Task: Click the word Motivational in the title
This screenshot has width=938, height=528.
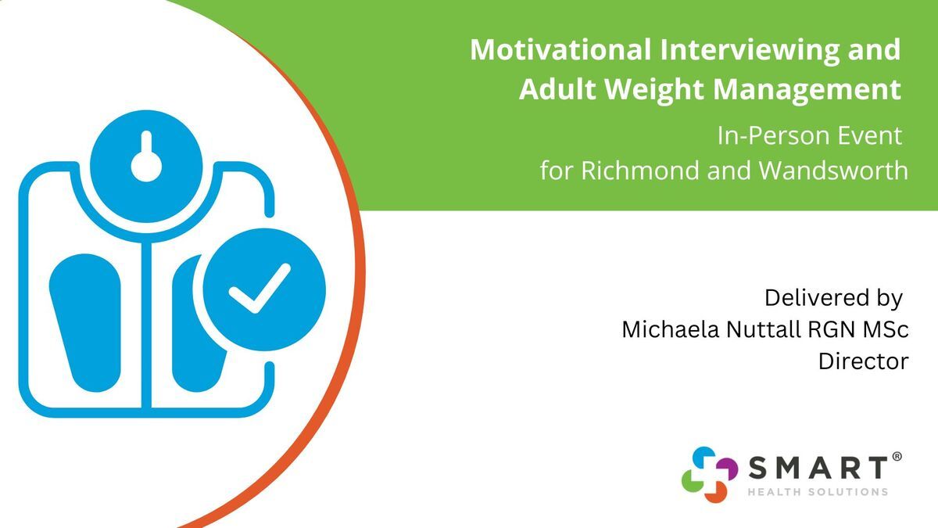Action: (x=560, y=49)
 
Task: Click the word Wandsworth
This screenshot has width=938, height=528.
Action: (x=833, y=171)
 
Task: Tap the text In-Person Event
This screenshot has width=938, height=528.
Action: (x=809, y=136)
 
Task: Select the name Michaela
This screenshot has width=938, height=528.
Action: (x=671, y=329)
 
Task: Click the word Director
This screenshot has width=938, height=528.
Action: (x=864, y=361)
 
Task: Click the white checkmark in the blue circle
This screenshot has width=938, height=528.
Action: (x=260, y=289)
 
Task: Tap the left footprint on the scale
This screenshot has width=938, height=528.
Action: (x=85, y=322)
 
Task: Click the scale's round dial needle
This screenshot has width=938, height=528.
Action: (x=146, y=157)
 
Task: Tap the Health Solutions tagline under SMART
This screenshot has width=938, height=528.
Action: (x=818, y=492)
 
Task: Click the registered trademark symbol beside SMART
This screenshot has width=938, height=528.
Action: (x=897, y=457)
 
